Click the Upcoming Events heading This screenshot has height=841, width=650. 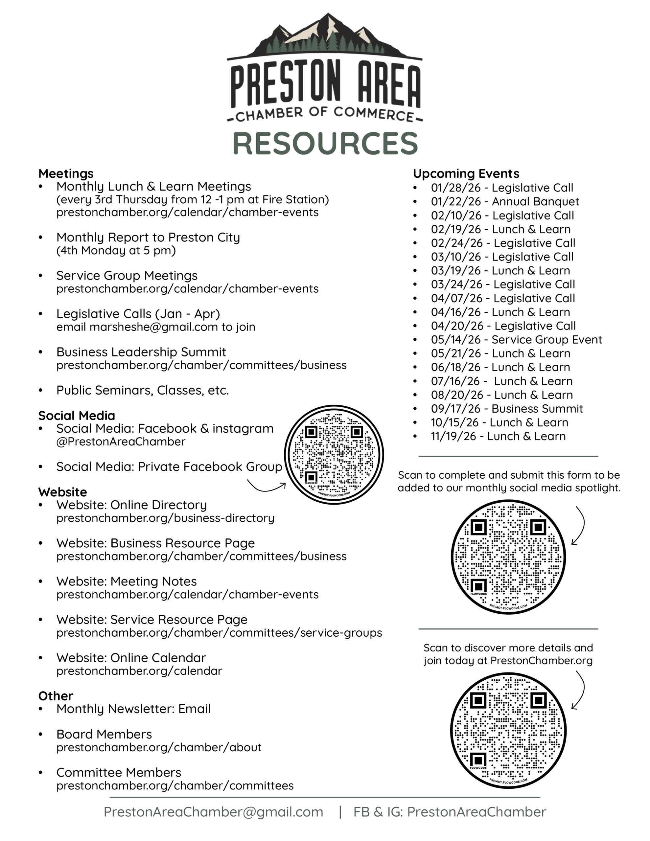tap(466, 174)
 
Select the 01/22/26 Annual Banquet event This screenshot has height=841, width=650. tap(505, 201)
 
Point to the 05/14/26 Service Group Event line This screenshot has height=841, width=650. tap(516, 340)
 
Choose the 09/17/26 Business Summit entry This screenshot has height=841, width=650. tap(507, 409)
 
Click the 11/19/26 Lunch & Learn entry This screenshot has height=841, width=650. tap(498, 436)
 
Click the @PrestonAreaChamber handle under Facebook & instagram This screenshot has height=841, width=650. tap(121, 442)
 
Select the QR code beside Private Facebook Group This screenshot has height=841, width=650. tap(334, 454)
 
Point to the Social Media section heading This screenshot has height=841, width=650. tap(76, 416)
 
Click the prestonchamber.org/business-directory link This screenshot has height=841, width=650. tap(165, 518)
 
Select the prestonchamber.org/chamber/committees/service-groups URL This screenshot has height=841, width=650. tap(219, 633)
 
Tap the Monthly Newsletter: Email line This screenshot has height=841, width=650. tap(133, 709)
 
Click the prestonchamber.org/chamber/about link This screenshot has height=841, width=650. tap(159, 747)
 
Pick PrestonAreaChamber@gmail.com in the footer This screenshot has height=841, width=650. tap(213, 812)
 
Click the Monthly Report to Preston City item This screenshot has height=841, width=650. tap(148, 237)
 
